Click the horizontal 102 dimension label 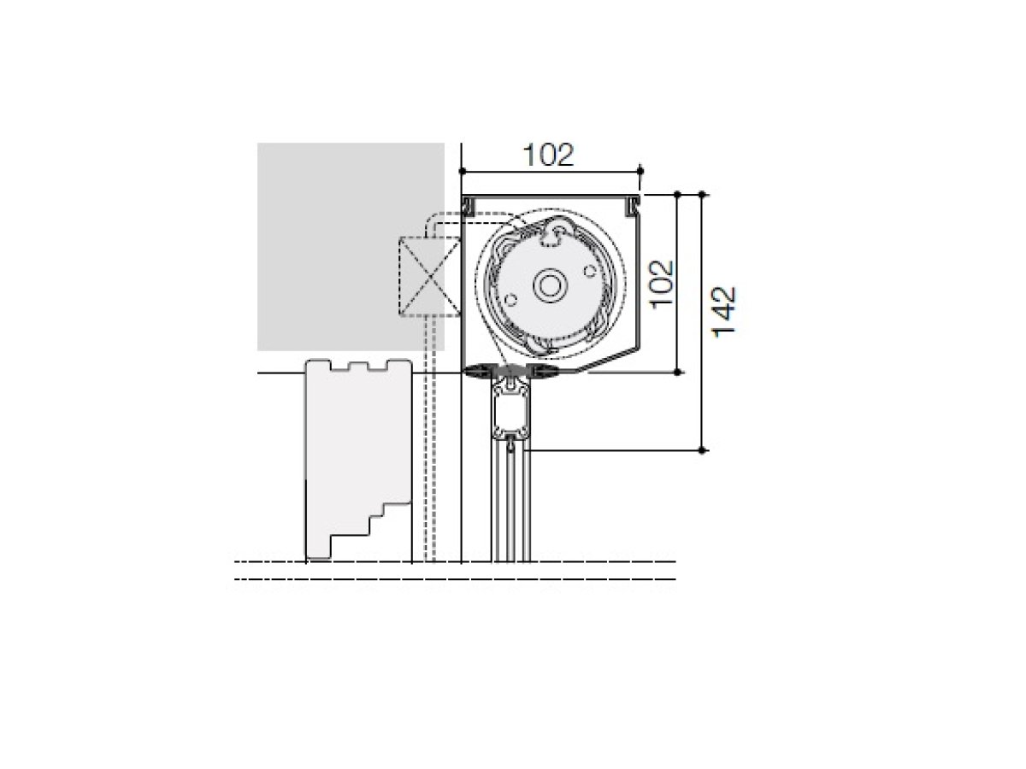tap(548, 155)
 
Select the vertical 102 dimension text tap(662, 284)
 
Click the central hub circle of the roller tap(550, 285)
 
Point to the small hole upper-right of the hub tap(590, 271)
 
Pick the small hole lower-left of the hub tap(511, 300)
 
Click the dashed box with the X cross tap(429, 277)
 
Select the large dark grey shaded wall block tap(351, 247)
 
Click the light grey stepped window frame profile tap(358, 459)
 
